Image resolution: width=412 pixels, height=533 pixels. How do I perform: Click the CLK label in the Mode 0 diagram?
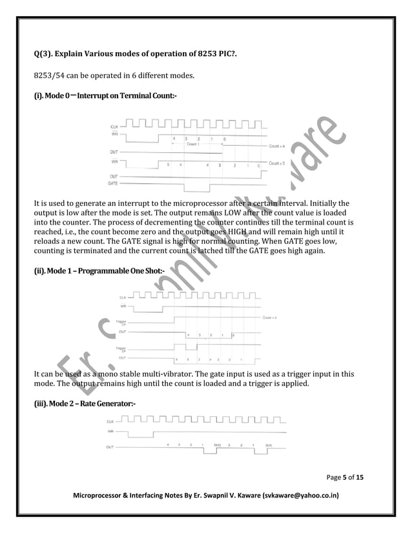(x=114, y=126)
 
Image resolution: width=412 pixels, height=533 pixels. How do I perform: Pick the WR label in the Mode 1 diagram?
(x=122, y=305)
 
